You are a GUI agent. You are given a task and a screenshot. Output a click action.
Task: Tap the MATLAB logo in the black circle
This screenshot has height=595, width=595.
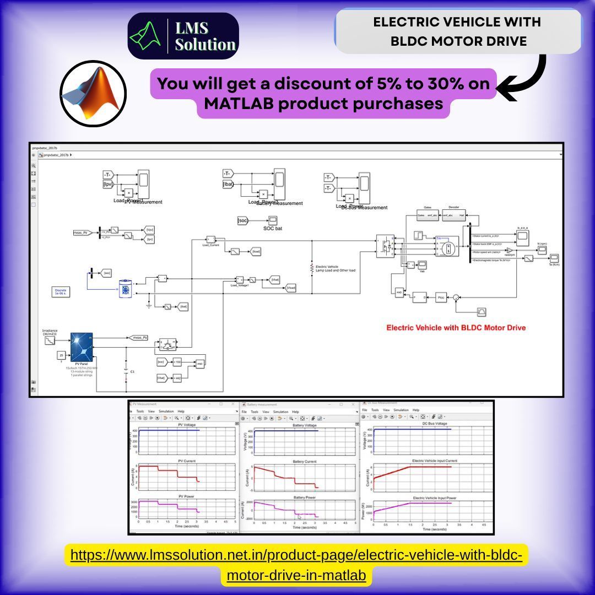[x=93, y=94]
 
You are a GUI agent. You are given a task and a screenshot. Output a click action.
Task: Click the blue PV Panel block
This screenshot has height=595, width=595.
[x=81, y=347]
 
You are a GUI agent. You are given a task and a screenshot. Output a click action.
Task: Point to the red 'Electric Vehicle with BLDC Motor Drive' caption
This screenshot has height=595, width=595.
[x=456, y=328]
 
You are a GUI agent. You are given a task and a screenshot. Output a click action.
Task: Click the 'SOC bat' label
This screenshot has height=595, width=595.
[x=272, y=228]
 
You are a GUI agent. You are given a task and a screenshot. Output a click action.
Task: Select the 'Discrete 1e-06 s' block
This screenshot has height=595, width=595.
[x=61, y=291]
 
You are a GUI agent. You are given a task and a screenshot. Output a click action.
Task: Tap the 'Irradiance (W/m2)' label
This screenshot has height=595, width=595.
[x=50, y=332]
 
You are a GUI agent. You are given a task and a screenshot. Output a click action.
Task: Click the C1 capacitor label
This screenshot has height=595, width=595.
[x=132, y=372]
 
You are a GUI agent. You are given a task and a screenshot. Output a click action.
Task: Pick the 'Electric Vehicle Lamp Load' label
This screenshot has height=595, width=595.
[x=335, y=268]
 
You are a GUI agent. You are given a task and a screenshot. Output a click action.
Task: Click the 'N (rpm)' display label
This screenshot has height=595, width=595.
[x=542, y=243]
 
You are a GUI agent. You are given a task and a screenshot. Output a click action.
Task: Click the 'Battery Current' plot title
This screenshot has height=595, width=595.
[x=305, y=461]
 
